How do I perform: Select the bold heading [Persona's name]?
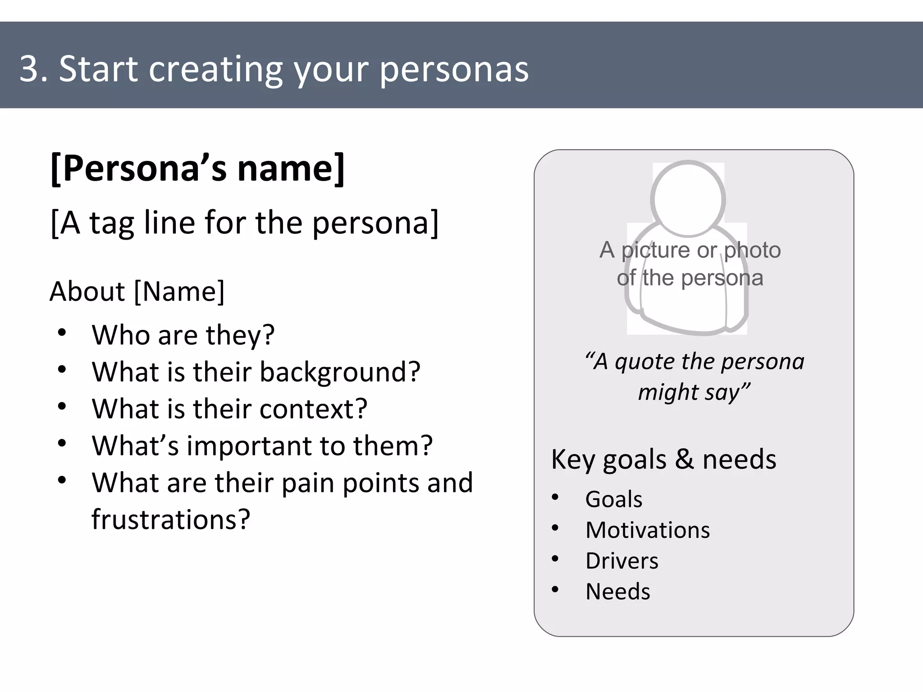tap(197, 168)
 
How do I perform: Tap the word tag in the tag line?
tap(112, 223)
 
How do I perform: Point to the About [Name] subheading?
tap(137, 291)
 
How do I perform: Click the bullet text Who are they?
tap(183, 335)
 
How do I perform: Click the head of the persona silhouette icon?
tap(688, 199)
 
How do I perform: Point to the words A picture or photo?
tap(690, 250)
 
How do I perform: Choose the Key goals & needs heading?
tap(663, 460)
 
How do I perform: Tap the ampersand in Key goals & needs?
tap(685, 460)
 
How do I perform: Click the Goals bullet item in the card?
tap(613, 499)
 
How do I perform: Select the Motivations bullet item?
tap(647, 530)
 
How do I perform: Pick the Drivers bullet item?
tap(621, 561)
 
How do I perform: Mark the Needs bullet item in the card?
tap(617, 592)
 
